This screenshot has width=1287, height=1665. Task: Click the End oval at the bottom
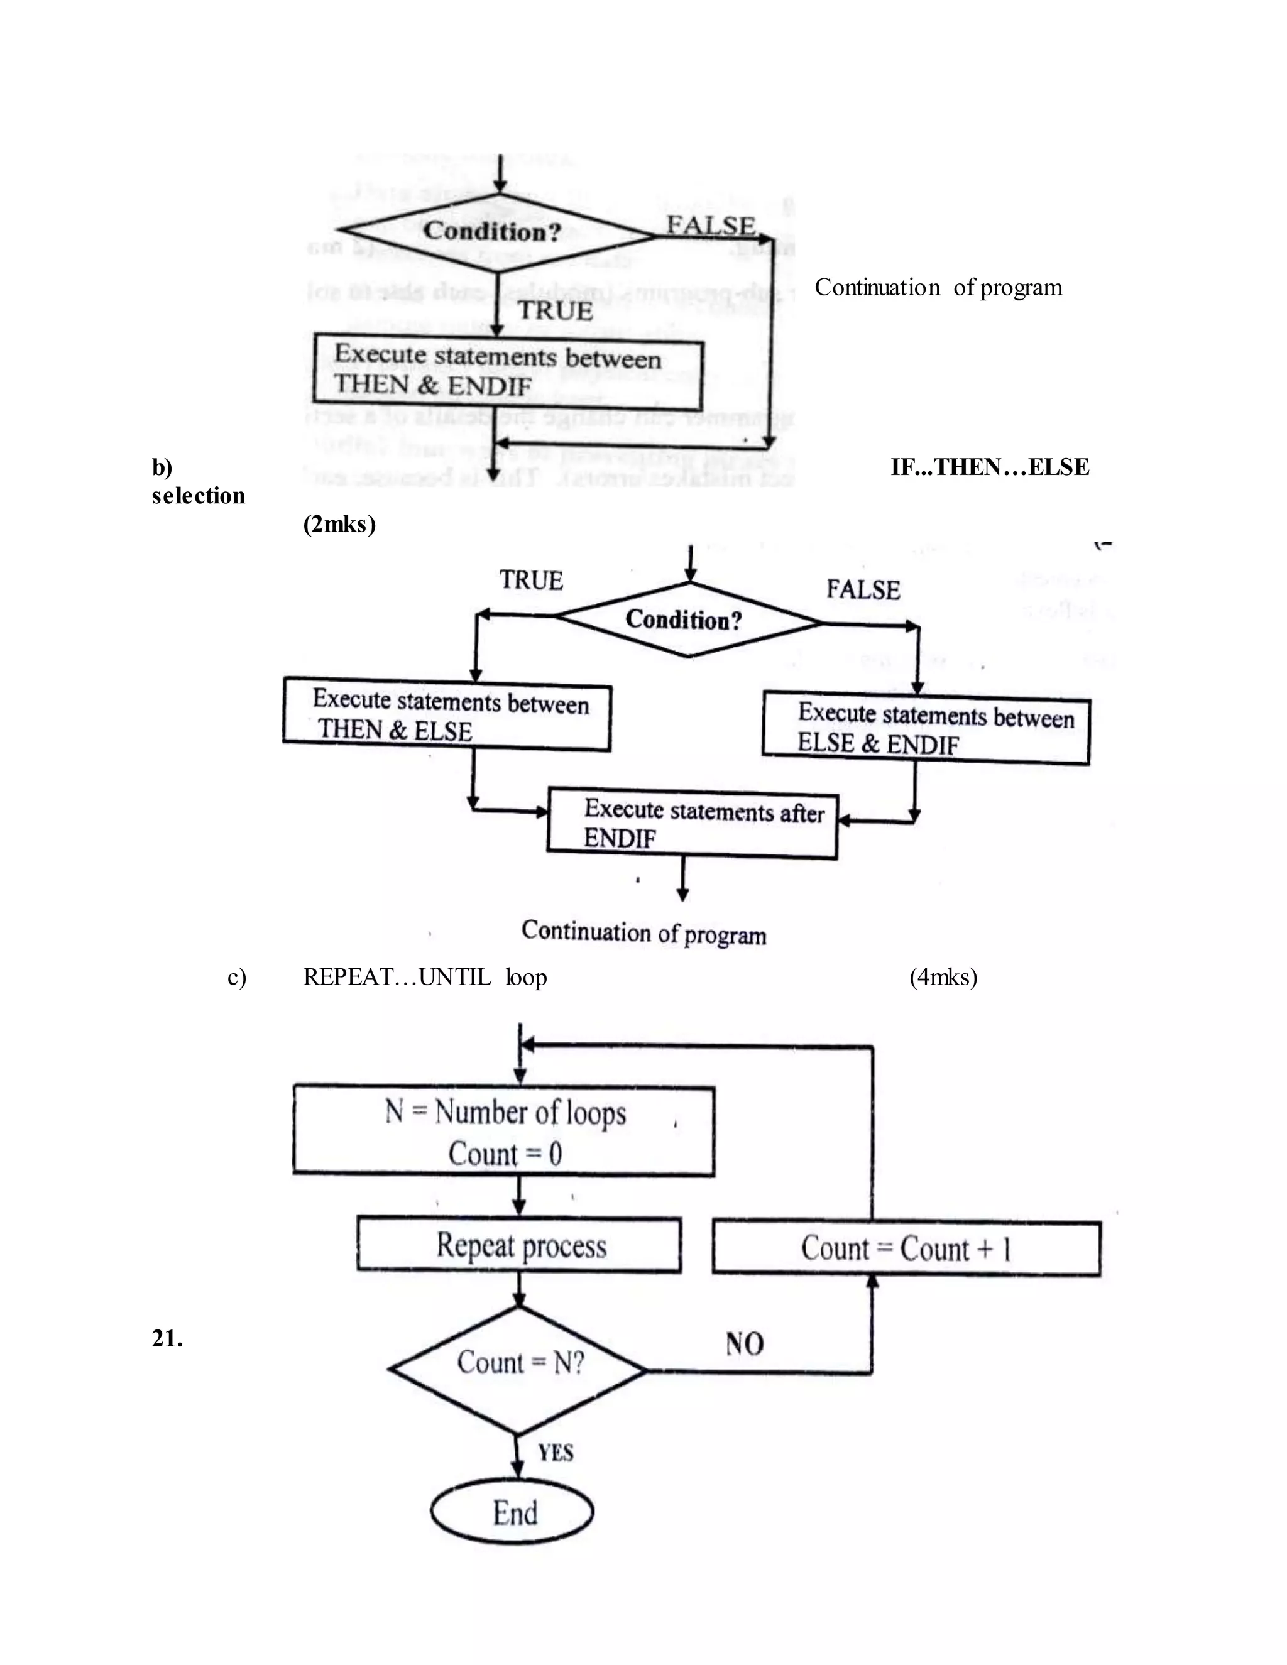point(512,1512)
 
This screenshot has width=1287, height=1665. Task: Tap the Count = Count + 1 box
point(906,1248)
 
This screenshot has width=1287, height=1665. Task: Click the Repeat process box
point(519,1245)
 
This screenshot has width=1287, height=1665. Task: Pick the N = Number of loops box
point(504,1132)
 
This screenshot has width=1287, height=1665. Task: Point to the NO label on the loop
point(743,1343)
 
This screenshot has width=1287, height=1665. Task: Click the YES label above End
point(555,1452)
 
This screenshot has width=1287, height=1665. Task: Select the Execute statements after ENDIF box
point(693,823)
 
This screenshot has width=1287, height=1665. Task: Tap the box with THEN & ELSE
point(447,715)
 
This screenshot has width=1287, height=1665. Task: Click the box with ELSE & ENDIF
point(926,728)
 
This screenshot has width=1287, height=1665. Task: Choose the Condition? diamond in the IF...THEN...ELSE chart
point(689,620)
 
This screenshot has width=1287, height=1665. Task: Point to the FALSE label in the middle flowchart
point(862,589)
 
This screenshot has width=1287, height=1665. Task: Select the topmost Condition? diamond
point(496,232)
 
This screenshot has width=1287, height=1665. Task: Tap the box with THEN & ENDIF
point(508,371)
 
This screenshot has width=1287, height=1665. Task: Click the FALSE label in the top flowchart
point(711,226)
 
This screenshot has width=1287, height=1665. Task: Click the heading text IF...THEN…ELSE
point(989,467)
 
